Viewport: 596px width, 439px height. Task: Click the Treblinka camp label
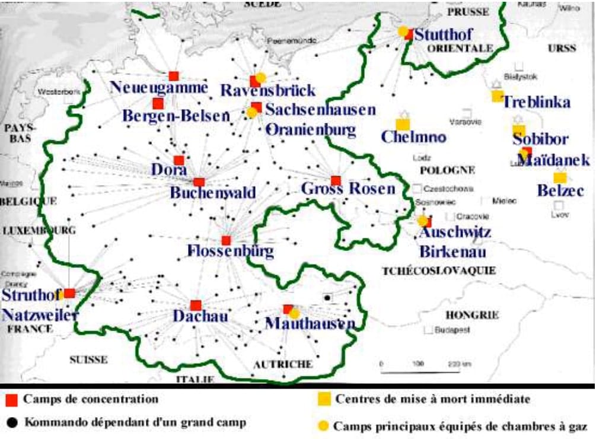[x=536, y=102]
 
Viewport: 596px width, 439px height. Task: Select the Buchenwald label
[x=213, y=193]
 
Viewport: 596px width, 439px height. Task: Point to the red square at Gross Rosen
[x=336, y=180]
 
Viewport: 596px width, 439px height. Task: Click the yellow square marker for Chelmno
[x=403, y=125]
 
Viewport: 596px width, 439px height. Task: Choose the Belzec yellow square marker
[x=559, y=177]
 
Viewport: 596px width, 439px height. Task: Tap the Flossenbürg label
[x=230, y=252]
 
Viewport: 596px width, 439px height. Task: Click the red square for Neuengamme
[x=173, y=76]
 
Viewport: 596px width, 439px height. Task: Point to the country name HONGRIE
[x=472, y=315]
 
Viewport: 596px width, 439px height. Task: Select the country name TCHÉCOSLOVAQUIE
[x=439, y=271]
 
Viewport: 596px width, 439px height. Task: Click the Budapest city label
[x=452, y=329]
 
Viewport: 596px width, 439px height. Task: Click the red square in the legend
[x=11, y=399]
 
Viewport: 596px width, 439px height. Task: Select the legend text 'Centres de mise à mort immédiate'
[x=433, y=399]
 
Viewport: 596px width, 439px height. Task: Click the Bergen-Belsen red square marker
[x=158, y=103]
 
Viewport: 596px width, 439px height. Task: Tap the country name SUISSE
[x=88, y=360]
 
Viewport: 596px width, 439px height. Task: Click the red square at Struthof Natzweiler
[x=69, y=293]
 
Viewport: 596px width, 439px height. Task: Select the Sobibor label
[x=540, y=139]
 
